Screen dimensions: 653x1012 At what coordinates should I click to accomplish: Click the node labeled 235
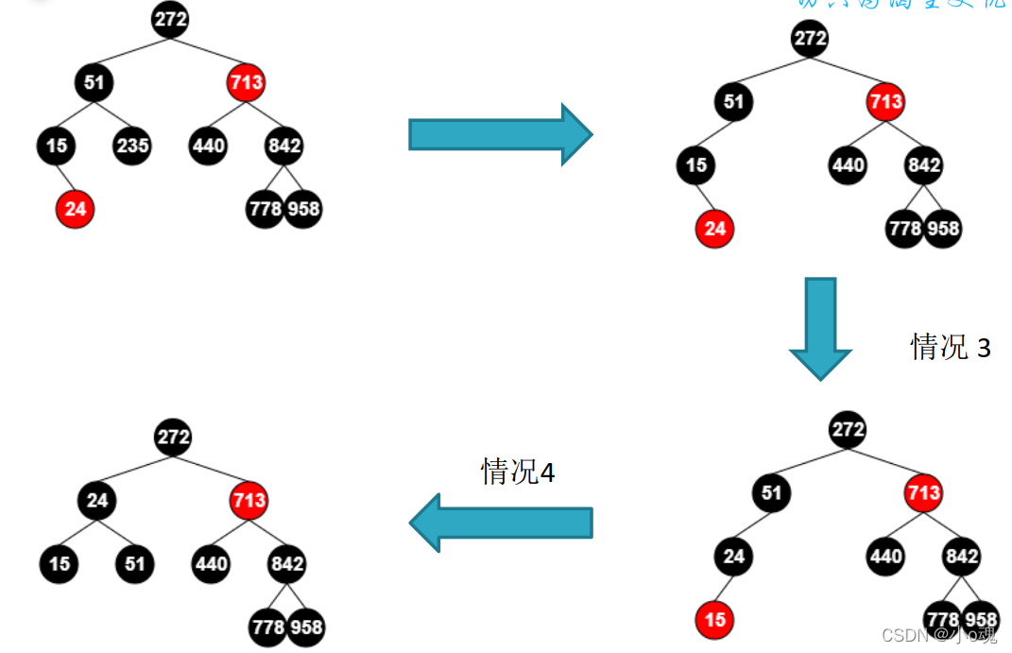tap(132, 146)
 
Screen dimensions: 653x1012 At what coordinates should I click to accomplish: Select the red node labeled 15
tap(715, 620)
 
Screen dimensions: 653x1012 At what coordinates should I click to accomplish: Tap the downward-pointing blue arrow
tap(820, 326)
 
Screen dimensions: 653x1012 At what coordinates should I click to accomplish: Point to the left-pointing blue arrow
tap(501, 523)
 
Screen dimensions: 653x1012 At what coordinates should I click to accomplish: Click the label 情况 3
tap(950, 347)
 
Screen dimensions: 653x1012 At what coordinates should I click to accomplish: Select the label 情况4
tap(517, 471)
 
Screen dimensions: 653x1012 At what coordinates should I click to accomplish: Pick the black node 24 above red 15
tap(734, 557)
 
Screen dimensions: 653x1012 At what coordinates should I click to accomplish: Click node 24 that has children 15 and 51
tap(97, 501)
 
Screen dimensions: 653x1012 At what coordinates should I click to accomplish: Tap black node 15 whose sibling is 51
tap(60, 564)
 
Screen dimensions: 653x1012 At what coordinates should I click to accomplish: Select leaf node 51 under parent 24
tap(135, 564)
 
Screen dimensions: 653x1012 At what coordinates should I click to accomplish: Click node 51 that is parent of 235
tap(94, 83)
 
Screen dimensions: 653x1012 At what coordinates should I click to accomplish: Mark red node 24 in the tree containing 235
tap(75, 209)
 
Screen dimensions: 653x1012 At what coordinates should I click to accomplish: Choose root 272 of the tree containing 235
tap(170, 19)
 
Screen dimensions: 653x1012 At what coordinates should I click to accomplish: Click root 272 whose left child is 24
tap(173, 438)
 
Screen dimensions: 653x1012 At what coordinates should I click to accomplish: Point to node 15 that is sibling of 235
tap(57, 146)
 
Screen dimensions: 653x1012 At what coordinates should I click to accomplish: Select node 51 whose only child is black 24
tap(772, 492)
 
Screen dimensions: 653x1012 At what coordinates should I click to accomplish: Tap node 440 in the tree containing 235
tap(208, 146)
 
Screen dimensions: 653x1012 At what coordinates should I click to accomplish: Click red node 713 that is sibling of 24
tap(249, 501)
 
